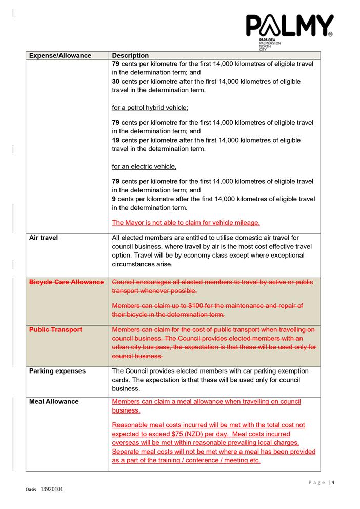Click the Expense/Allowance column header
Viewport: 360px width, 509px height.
60,55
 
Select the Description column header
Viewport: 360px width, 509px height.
130,55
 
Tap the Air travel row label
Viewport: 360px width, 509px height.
44,238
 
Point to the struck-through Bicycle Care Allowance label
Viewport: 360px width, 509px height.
66,282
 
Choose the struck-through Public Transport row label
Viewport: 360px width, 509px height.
55,329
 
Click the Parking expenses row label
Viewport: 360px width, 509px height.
57,371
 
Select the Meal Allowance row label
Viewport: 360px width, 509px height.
54,401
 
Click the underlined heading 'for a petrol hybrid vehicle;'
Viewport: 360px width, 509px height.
150,108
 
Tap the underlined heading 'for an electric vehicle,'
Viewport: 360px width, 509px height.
144,166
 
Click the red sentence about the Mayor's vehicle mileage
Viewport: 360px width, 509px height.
186,223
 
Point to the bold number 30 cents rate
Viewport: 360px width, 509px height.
116,82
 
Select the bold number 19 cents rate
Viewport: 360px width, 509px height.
116,140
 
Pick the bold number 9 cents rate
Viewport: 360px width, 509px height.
114,199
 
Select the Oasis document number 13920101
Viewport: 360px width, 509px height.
51,490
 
